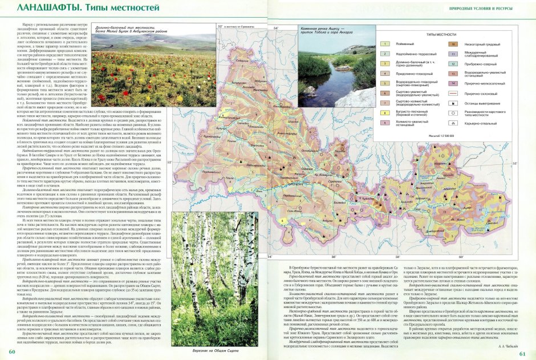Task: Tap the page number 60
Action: (11, 351)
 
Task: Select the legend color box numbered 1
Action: (385, 45)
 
